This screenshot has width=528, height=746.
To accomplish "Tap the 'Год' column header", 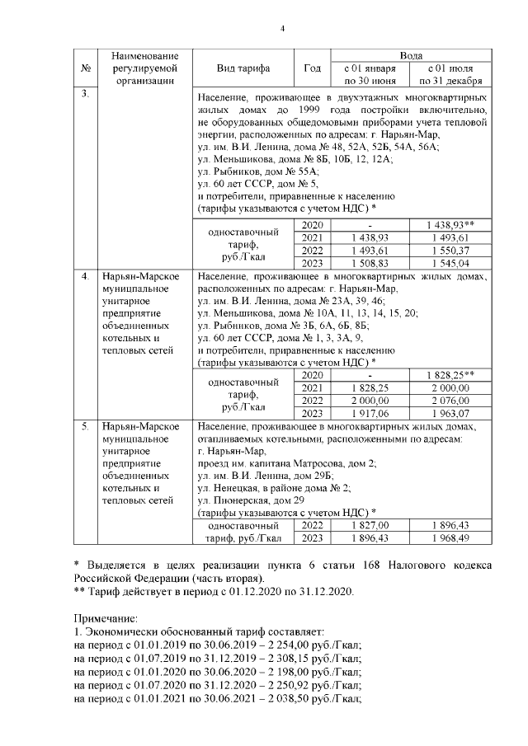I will point(312,68).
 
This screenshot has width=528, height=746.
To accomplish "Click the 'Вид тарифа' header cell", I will point(243,68).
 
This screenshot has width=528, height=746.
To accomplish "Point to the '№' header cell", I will point(86,68).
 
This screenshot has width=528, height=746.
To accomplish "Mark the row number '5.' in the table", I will point(85,427).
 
